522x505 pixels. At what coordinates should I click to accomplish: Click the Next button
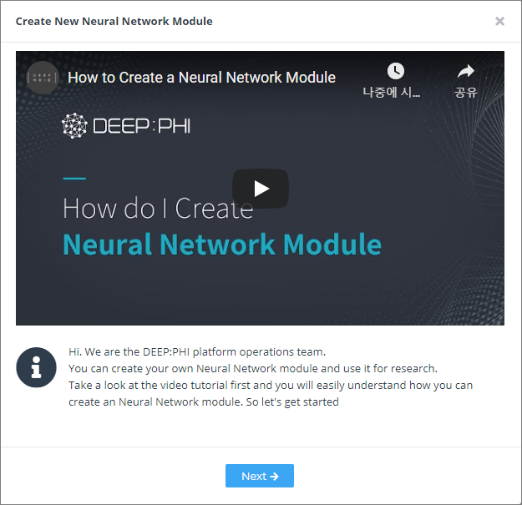coord(260,476)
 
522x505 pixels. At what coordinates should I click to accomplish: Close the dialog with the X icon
coord(499,22)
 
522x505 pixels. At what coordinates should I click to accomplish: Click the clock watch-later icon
coord(396,71)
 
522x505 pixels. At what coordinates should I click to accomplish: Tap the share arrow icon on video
coord(466,71)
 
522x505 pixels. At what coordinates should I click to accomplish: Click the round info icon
coord(36,367)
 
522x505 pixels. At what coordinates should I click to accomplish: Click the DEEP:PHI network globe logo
coord(74,125)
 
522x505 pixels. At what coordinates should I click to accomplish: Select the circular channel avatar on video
coord(43,78)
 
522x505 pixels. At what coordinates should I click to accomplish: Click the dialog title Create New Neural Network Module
coord(114,22)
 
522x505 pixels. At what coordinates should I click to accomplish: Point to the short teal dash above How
coord(74,179)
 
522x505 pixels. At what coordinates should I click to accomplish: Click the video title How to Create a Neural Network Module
coord(201,78)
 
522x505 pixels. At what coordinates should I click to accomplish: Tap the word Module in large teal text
coord(332,245)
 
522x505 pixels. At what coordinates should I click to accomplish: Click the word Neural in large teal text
coord(108,245)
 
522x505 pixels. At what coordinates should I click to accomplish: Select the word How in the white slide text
coord(90,208)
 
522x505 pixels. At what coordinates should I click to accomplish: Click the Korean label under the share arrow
coord(466,92)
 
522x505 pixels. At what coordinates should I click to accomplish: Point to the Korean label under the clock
coord(392,92)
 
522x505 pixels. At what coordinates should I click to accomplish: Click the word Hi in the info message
coord(74,351)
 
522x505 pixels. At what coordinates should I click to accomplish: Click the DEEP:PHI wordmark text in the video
coord(142,126)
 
